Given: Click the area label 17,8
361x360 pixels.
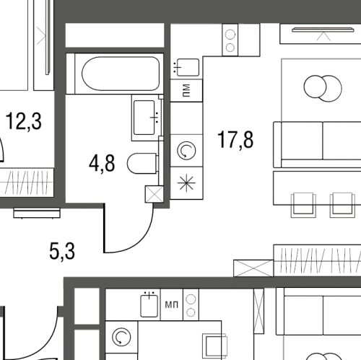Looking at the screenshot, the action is click(235, 140).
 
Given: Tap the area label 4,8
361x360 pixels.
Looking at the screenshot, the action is click(102, 164).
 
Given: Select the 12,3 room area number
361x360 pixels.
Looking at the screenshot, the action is click(23, 121).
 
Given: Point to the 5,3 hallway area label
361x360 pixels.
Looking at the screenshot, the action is click(62, 251).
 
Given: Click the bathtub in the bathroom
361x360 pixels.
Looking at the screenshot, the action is click(121, 74).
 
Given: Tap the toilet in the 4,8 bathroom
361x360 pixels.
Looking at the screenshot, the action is click(142, 163).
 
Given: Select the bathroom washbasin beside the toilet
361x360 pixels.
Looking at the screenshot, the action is click(147, 118).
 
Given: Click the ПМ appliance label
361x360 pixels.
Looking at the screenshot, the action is click(186, 90).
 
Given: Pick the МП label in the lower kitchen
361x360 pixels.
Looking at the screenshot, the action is click(172, 305).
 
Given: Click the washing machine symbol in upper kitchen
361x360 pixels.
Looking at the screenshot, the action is click(186, 151).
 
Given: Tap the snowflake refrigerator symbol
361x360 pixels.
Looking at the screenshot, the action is click(186, 183).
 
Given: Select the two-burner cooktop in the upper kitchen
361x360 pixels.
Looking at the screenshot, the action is click(230, 40).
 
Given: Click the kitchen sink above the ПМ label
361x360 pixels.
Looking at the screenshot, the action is click(187, 68).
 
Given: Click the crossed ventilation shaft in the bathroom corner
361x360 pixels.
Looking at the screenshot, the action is click(155, 194).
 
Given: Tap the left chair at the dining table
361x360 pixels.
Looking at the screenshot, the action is click(303, 205).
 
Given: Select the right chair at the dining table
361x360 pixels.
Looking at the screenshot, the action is click(342, 205).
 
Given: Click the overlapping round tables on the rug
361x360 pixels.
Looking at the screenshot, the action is click(323, 88).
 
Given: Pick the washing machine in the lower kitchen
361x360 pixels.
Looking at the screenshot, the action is click(121, 337).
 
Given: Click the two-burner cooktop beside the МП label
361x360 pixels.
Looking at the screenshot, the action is click(191, 304).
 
